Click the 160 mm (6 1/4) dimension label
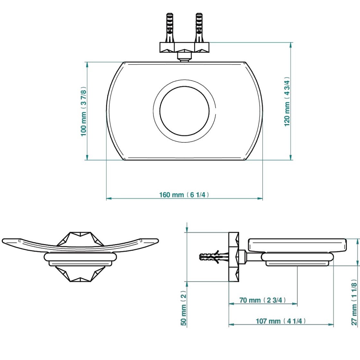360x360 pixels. tap(184, 195)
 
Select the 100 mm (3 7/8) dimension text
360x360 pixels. tap(84, 111)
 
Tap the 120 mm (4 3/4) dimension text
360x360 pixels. tap(287, 101)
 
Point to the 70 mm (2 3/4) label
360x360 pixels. tap(263, 300)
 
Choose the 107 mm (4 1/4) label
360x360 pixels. tap(281, 321)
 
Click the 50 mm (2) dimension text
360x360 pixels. tap(184, 308)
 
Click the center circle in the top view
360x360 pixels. tap(184, 111)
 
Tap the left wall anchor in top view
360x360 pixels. tap(169, 27)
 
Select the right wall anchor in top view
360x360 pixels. tap(199, 27)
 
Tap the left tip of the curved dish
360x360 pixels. tap(4, 240)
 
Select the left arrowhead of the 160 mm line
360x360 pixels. tap(108, 198)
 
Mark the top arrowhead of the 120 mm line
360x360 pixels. tap(291, 45)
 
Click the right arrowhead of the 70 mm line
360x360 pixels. tap(295, 303)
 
